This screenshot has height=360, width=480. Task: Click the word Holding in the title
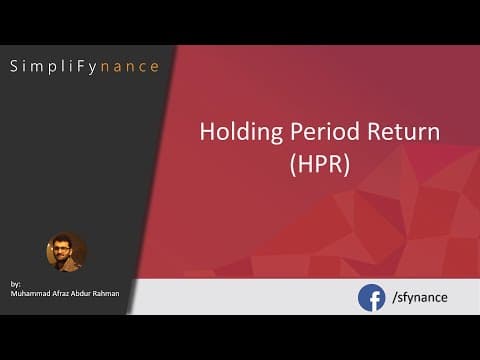click(x=241, y=132)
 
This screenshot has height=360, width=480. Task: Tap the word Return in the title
click(x=403, y=131)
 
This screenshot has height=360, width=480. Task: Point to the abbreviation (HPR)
click(x=320, y=165)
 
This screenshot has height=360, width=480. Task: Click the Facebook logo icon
click(x=371, y=298)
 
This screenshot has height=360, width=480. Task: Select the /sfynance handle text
click(x=420, y=297)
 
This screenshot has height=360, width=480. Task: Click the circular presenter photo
click(x=66, y=252)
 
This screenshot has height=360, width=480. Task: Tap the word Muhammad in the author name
click(x=30, y=293)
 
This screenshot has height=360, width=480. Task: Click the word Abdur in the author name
click(x=81, y=293)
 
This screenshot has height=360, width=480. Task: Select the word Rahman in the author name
click(x=106, y=293)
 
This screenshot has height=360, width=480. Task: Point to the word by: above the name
click(x=15, y=284)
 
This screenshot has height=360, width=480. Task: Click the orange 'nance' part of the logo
click(x=130, y=67)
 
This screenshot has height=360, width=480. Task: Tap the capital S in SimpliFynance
click(x=14, y=66)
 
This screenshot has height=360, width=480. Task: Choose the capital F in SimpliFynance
click(x=80, y=66)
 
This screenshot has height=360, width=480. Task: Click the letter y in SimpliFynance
click(x=92, y=68)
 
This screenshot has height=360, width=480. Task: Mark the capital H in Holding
click(x=207, y=131)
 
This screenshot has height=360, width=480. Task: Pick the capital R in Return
click(x=374, y=131)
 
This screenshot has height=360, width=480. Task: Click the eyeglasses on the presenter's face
click(x=62, y=248)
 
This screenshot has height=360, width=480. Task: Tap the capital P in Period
click(x=297, y=131)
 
